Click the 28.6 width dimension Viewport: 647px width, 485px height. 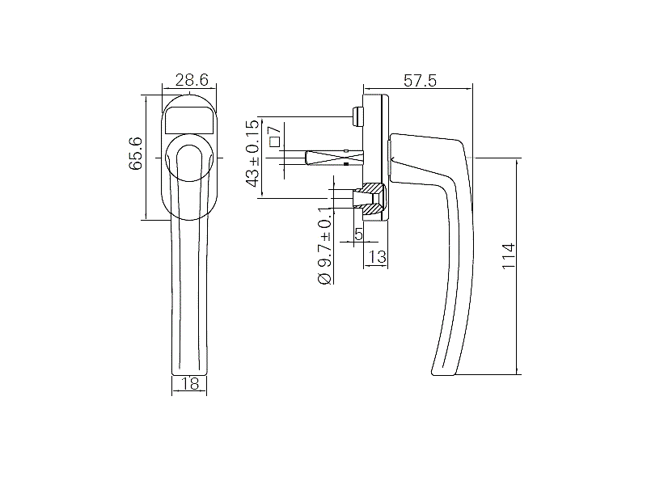coord(192,79)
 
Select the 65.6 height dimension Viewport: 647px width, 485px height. coord(135,154)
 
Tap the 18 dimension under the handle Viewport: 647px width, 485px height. coord(190,384)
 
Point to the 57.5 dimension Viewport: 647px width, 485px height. coord(420,80)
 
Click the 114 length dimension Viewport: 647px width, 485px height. coord(509,256)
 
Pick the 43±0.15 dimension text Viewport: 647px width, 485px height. coord(253,154)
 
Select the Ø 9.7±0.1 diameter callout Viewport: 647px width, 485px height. coord(325,246)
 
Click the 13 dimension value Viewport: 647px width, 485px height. coord(377,256)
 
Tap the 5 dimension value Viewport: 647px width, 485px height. coord(358,234)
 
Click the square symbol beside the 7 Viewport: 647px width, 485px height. coord(274,141)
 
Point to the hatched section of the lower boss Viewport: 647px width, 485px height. coord(371,199)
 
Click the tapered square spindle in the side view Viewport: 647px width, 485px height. coord(334,158)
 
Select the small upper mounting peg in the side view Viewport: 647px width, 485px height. coord(357,116)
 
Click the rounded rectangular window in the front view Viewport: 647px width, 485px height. coord(189,120)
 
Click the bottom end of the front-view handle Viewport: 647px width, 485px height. coord(189,374)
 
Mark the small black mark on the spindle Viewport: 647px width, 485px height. coord(346,164)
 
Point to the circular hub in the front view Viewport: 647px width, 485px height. coord(189,158)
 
